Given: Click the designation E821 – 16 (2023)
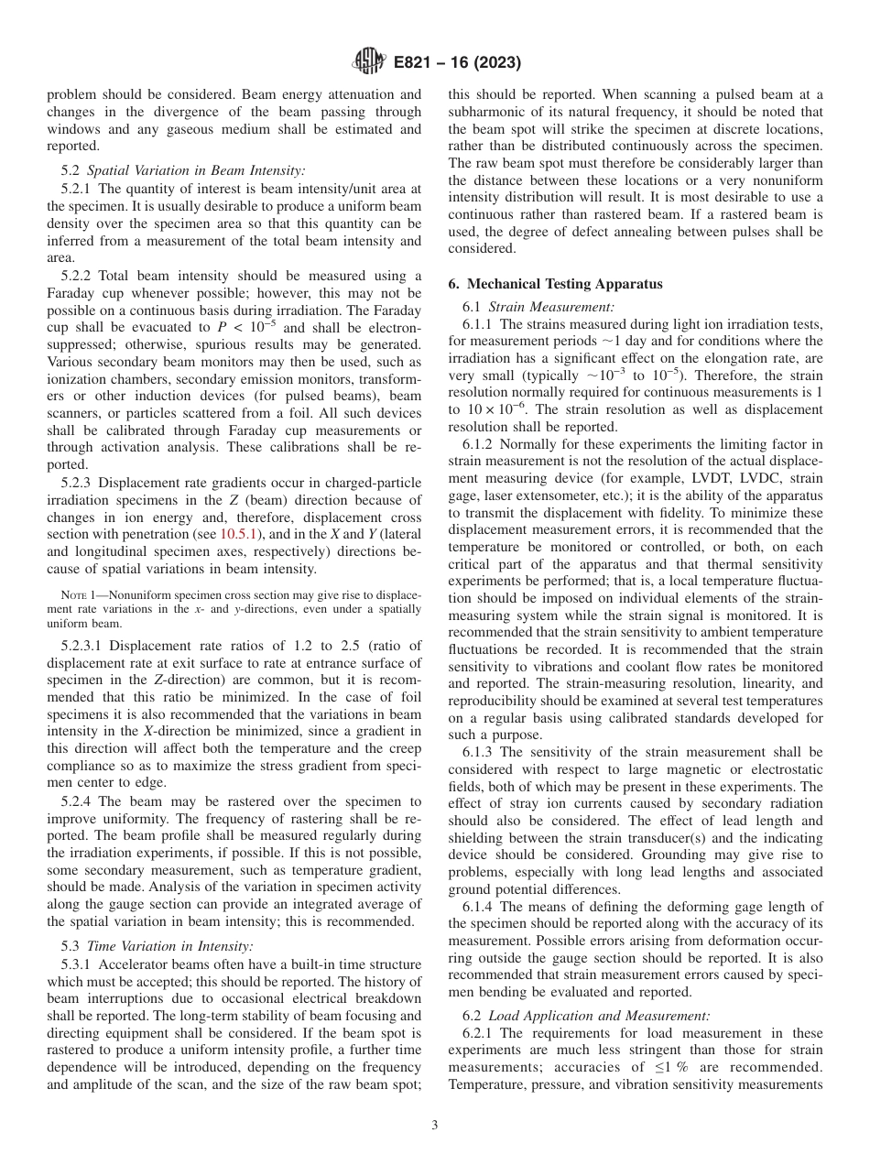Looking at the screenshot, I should pyautogui.click(x=457, y=63).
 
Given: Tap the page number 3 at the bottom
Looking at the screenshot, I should pyautogui.click(x=435, y=1126).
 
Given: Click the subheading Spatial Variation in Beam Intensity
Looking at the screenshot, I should pyautogui.click(x=196, y=169).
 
